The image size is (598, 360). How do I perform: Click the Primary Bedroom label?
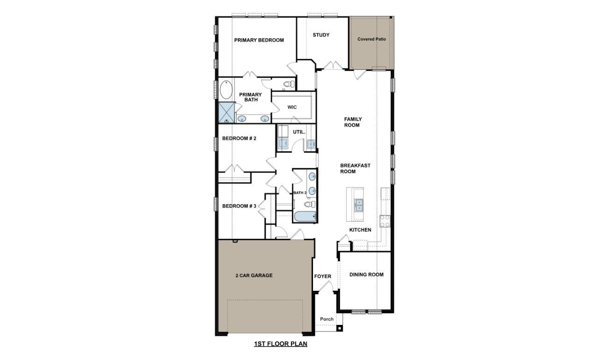point(259,40)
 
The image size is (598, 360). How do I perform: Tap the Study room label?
point(321,35)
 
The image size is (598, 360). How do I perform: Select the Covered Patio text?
point(371,39)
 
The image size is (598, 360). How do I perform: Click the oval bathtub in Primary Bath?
point(226,90)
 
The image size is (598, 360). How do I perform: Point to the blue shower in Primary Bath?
point(227,112)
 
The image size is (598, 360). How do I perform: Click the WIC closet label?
point(292,108)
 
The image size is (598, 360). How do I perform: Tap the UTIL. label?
point(299,132)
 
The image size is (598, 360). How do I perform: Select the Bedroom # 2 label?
point(239,138)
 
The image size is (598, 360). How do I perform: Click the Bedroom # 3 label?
point(239,206)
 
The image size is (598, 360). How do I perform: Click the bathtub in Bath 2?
point(305,216)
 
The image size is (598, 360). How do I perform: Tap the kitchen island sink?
point(358,205)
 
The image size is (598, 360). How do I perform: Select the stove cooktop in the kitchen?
point(385,221)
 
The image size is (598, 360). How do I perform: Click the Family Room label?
point(353,122)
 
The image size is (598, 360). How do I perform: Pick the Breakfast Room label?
point(355,168)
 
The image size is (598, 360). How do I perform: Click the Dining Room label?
point(366,274)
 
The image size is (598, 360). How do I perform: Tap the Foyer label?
point(322,276)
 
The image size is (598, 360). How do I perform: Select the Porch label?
point(327,319)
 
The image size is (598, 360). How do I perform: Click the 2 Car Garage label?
point(254,275)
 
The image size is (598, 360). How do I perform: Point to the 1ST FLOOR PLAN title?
point(280,344)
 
